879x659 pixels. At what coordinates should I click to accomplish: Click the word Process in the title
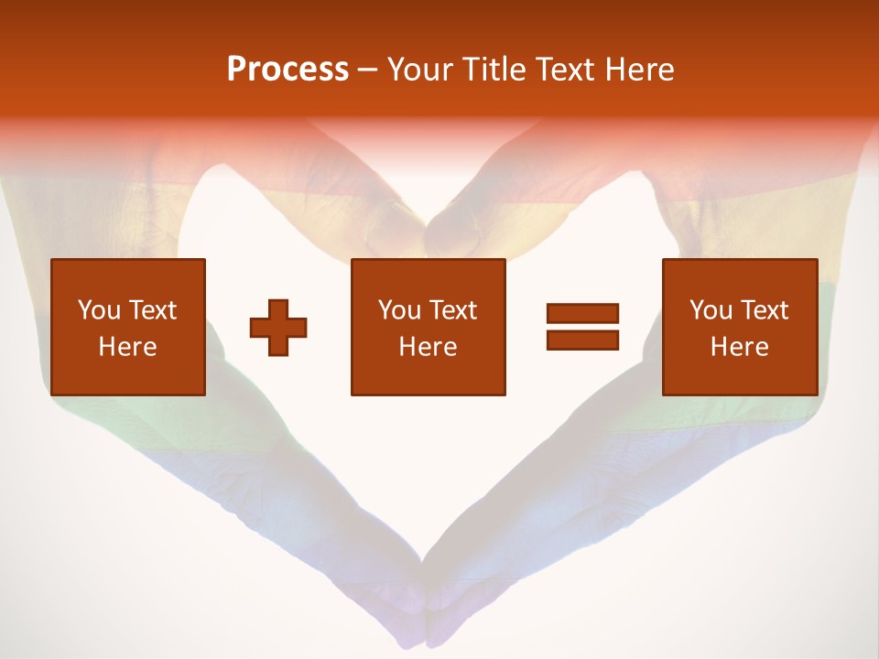288,70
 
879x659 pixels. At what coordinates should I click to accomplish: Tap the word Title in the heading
492,70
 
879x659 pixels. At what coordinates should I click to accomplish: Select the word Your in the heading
420,70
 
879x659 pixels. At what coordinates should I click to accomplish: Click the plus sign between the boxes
278,327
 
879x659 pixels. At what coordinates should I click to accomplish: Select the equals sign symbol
582,327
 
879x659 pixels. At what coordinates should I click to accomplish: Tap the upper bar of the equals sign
582,314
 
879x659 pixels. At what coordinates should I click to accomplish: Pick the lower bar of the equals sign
582,340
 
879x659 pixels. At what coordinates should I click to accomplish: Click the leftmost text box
128,327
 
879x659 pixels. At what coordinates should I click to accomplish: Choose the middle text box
428,327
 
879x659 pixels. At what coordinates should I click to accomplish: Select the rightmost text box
739,327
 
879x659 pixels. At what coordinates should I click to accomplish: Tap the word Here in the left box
128,347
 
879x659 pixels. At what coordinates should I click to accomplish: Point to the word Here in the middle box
428,347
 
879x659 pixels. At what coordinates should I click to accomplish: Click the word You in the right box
711,310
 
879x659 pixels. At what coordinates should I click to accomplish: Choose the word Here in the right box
739,347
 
